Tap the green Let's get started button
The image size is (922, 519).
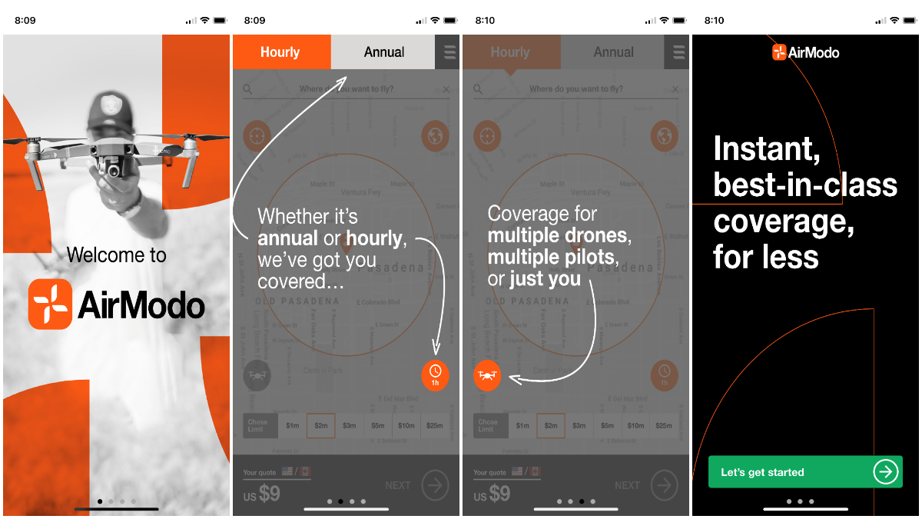791,472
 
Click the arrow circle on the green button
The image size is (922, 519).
886,471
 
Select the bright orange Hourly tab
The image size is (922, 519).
280,52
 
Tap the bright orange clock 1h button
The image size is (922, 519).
435,374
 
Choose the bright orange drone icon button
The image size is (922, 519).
487,375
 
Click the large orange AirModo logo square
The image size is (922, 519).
51,304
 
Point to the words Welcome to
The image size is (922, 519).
117,255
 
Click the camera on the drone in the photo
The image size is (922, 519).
114,166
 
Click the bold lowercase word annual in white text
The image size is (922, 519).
288,238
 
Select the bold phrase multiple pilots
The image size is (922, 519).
552,257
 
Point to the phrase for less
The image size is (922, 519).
765,256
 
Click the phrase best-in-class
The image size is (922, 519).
805,185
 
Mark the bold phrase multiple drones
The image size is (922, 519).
559,235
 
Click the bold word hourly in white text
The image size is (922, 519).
375,238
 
